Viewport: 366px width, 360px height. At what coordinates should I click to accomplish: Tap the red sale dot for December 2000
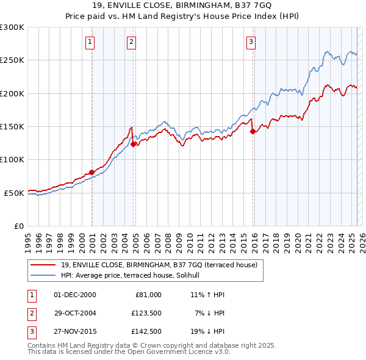(x=91, y=172)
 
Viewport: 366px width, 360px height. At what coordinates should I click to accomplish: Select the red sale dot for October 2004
(x=133, y=144)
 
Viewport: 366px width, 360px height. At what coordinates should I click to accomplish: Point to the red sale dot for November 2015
(x=253, y=131)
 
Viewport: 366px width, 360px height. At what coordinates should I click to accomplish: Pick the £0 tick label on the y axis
(x=19, y=226)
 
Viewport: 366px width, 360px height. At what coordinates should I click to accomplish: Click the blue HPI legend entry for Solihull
(x=135, y=275)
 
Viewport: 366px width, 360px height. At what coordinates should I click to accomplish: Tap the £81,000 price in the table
(x=146, y=295)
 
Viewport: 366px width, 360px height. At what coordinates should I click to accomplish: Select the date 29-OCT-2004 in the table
(x=75, y=313)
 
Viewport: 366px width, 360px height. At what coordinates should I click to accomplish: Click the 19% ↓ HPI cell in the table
(x=207, y=332)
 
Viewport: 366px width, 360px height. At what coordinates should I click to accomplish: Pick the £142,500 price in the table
(x=146, y=332)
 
